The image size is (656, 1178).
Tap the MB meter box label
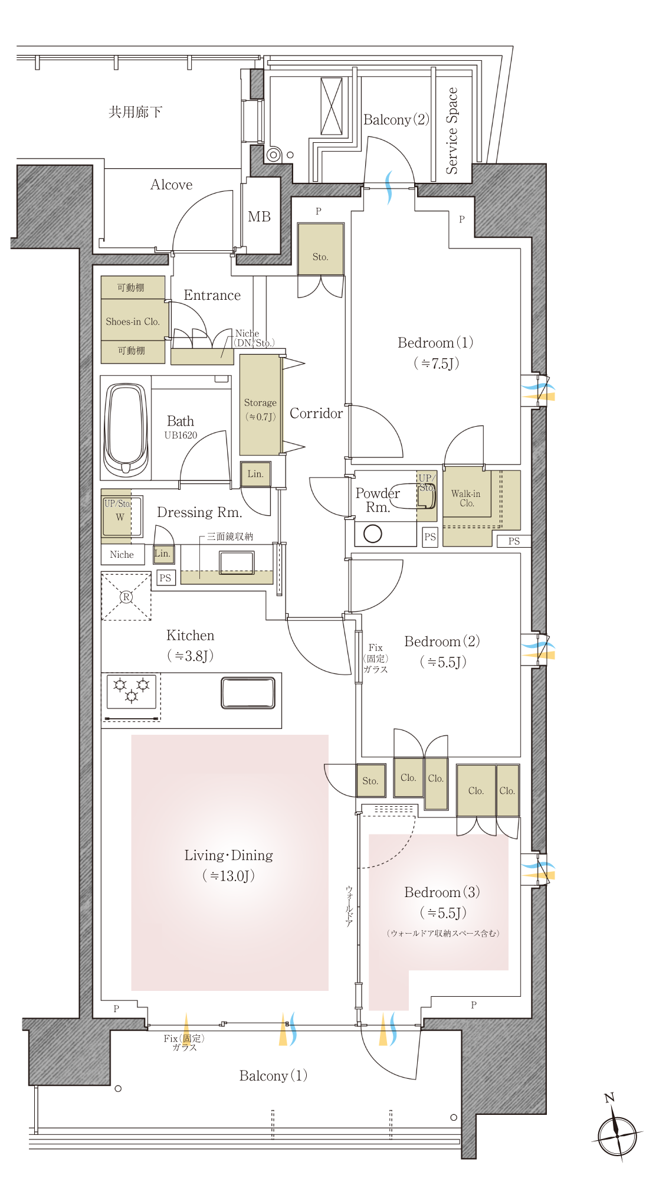click(259, 217)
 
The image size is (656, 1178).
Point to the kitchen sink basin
click(248, 693)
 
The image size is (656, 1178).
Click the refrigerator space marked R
click(126, 597)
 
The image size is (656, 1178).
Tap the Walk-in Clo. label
click(466, 498)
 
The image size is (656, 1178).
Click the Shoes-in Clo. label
click(133, 322)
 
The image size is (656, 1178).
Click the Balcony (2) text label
click(396, 120)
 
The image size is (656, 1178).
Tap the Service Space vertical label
click(452, 131)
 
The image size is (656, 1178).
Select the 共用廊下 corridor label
click(135, 112)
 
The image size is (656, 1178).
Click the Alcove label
click(171, 185)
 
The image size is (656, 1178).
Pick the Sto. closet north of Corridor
click(320, 248)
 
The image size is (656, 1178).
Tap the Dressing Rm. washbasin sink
click(237, 562)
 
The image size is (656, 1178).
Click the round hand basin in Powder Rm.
click(373, 534)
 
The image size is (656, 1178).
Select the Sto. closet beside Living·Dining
click(370, 781)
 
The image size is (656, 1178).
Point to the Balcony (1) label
click(273, 1076)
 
